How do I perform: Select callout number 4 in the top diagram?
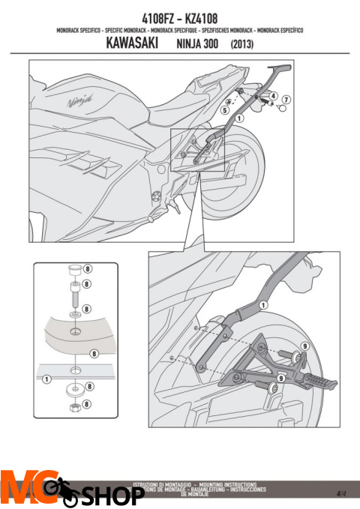pyautogui.click(x=273, y=96)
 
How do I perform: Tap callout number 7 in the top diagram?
pyautogui.click(x=287, y=100)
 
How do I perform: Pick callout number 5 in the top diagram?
pyautogui.click(x=225, y=110)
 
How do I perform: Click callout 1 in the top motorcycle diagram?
pyautogui.click(x=238, y=118)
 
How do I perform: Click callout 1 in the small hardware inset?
pyautogui.click(x=47, y=380)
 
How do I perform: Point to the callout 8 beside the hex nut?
pyautogui.click(x=89, y=404)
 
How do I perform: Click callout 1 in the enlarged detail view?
pyautogui.click(x=263, y=306)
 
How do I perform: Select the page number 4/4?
pyautogui.click(x=342, y=493)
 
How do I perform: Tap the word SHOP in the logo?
pyautogui.click(x=112, y=495)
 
